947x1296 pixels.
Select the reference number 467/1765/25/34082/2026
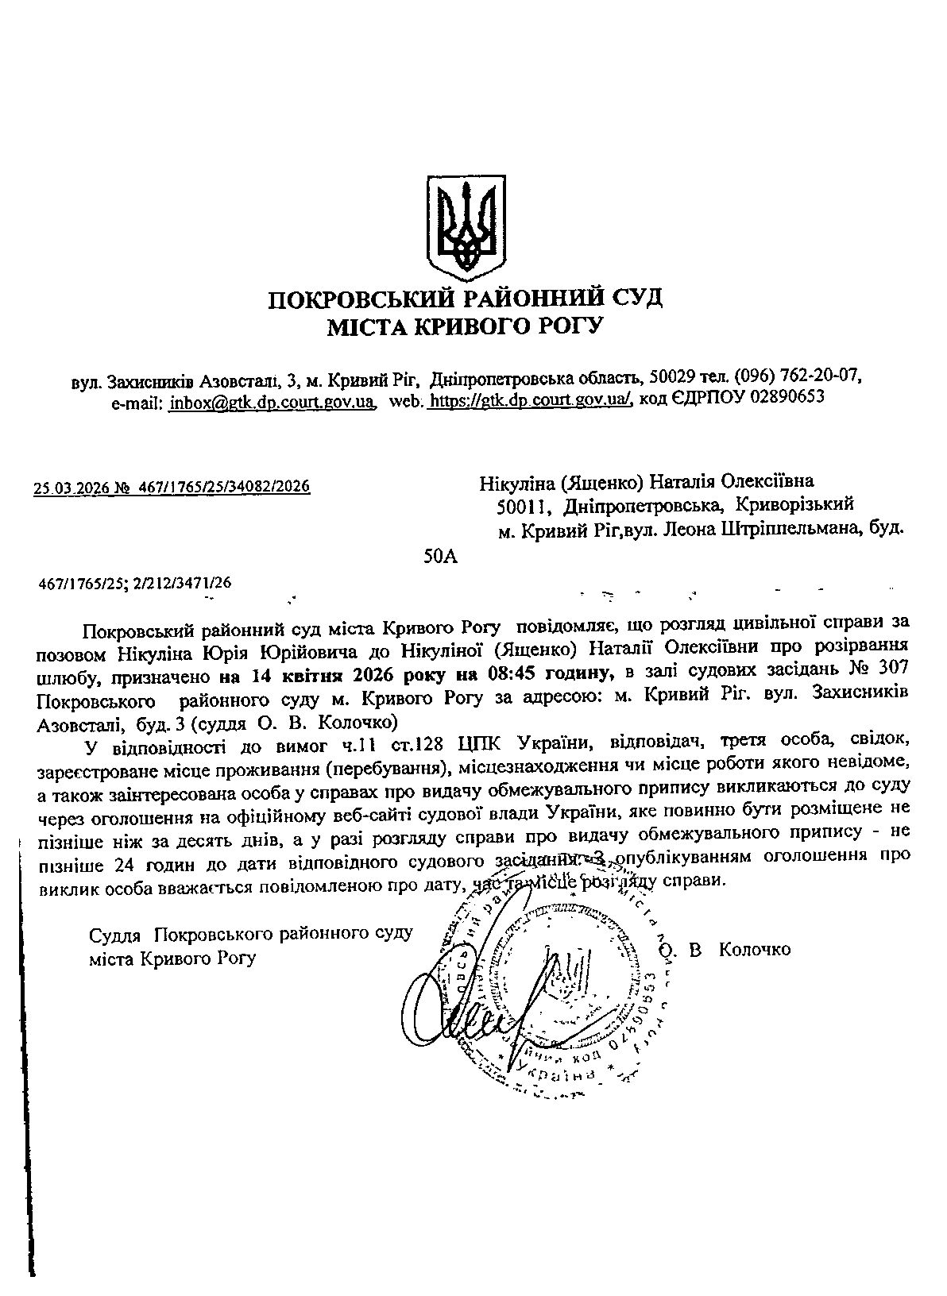[x=224, y=487]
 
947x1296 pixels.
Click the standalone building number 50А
[x=442, y=557]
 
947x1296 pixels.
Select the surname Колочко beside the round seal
[x=754, y=949]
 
